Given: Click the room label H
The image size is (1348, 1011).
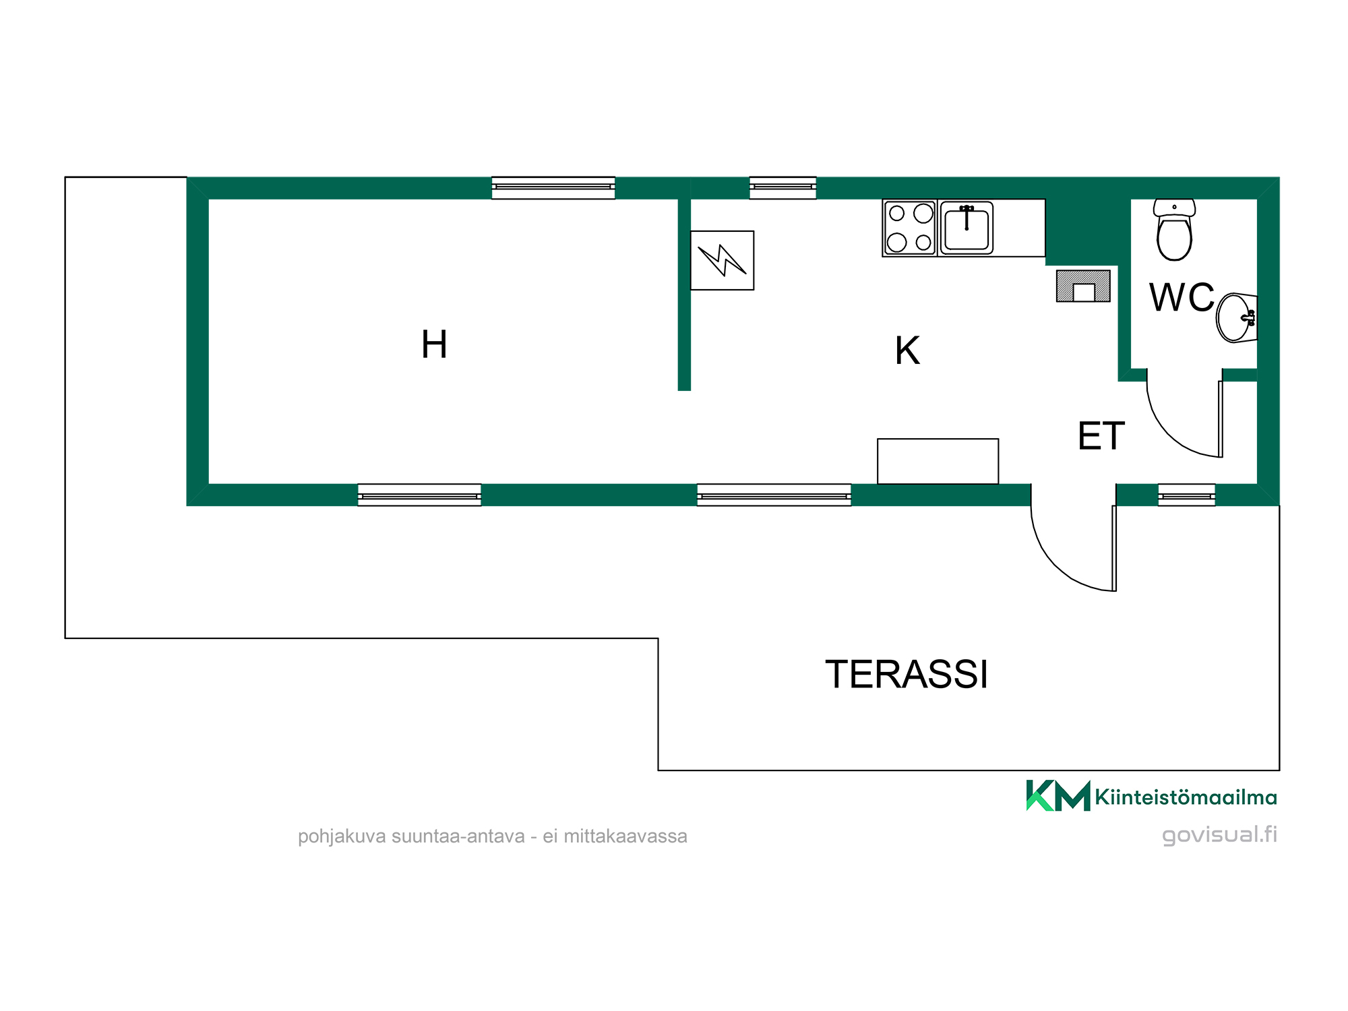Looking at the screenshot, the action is click(x=434, y=344).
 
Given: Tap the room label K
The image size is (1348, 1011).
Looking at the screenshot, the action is click(x=907, y=350).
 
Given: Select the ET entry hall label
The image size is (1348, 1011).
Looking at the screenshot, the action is click(x=1101, y=435).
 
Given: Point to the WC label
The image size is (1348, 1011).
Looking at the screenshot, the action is click(x=1182, y=297).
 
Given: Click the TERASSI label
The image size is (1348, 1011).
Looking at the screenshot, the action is click(x=907, y=674).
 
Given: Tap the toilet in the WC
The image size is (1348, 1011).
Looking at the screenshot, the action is click(x=1174, y=230).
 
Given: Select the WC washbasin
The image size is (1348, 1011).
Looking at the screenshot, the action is click(x=1237, y=317).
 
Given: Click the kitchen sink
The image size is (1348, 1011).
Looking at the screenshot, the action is click(x=967, y=228).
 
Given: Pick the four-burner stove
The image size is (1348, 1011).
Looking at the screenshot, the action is click(x=910, y=228).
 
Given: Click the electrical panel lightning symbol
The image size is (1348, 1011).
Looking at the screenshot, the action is click(x=722, y=260).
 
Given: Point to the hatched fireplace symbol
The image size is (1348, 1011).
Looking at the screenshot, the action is click(x=1083, y=286).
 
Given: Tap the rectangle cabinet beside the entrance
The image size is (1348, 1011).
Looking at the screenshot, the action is click(x=938, y=461).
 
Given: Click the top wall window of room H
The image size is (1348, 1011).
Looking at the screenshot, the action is click(x=553, y=187).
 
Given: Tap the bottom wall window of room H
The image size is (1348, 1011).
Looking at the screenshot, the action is click(x=419, y=495).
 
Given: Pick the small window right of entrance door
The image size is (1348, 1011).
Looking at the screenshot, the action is click(x=1187, y=495).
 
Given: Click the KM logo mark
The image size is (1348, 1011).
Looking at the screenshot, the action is click(x=1058, y=795).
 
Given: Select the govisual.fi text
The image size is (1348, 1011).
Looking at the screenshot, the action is click(x=1219, y=835).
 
